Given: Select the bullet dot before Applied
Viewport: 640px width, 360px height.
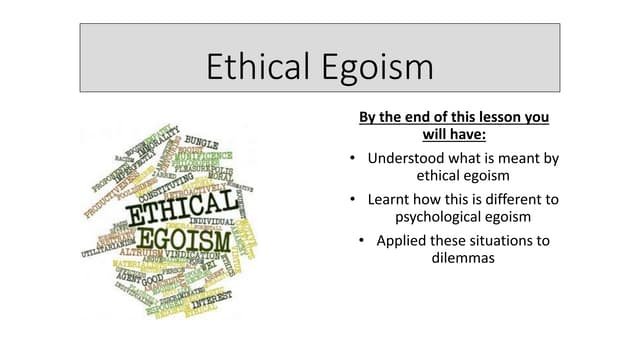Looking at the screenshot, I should pos(361,241).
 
